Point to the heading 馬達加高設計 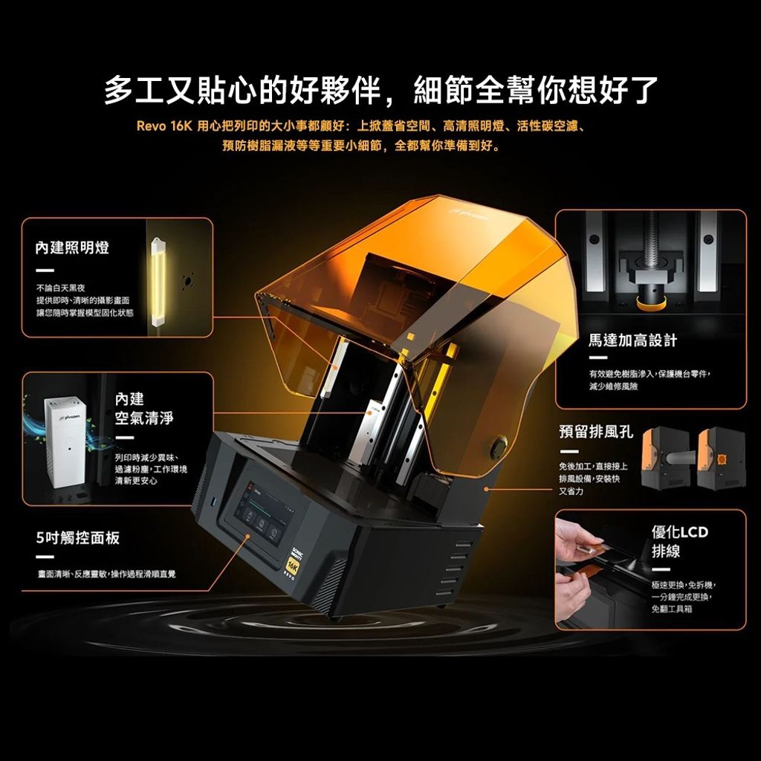(x=632, y=340)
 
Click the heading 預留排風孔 (x=596, y=432)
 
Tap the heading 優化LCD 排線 (x=679, y=543)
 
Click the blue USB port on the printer (x=215, y=499)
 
